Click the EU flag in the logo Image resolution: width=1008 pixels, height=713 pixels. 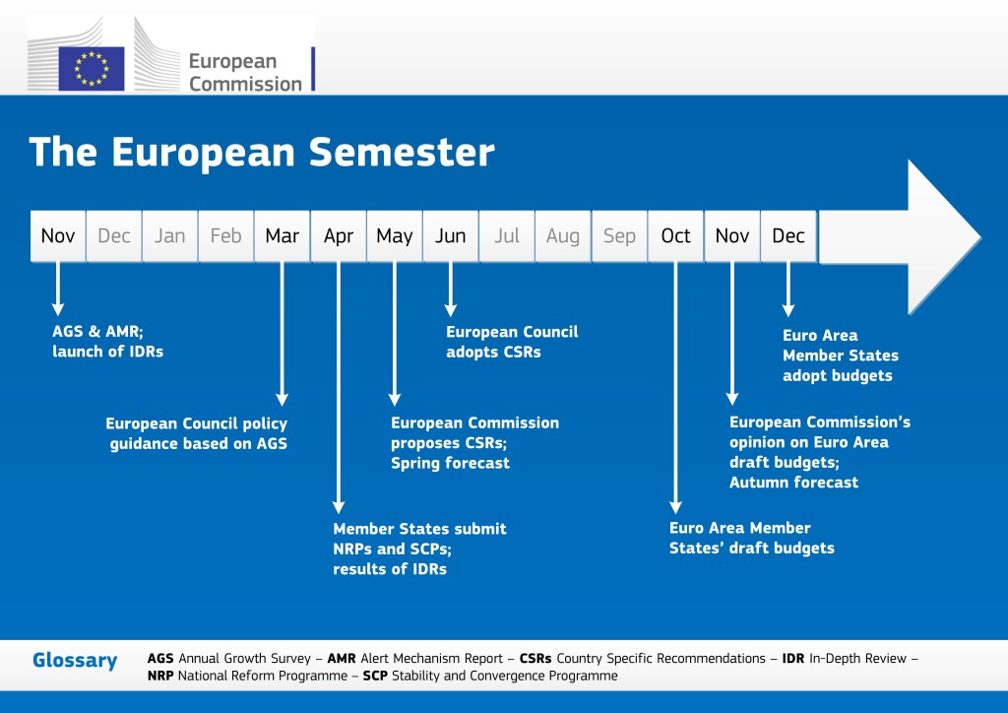92,69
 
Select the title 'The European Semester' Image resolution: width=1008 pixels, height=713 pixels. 261,152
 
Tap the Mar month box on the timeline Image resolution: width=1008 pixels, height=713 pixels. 283,236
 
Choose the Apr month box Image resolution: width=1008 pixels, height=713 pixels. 339,236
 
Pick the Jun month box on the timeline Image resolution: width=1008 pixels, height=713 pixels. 451,236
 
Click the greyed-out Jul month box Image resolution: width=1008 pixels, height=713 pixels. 507,236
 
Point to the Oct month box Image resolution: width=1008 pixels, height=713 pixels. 676,236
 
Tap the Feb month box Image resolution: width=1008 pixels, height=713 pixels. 226,236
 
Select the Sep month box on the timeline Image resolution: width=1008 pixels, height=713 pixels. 619,236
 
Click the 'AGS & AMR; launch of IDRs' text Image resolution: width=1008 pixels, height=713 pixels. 107,341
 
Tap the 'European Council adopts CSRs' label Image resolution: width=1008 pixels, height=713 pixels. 512,342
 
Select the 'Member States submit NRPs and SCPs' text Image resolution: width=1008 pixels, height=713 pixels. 419,539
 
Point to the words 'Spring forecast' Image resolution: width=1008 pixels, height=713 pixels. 450,463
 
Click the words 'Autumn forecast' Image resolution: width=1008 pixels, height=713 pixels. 793,483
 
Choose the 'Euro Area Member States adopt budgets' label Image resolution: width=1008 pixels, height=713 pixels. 840,356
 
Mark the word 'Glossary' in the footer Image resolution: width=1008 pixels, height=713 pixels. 75,661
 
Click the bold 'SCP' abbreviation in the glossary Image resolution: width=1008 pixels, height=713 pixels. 375,677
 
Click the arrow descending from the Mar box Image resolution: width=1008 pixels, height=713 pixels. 283,335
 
